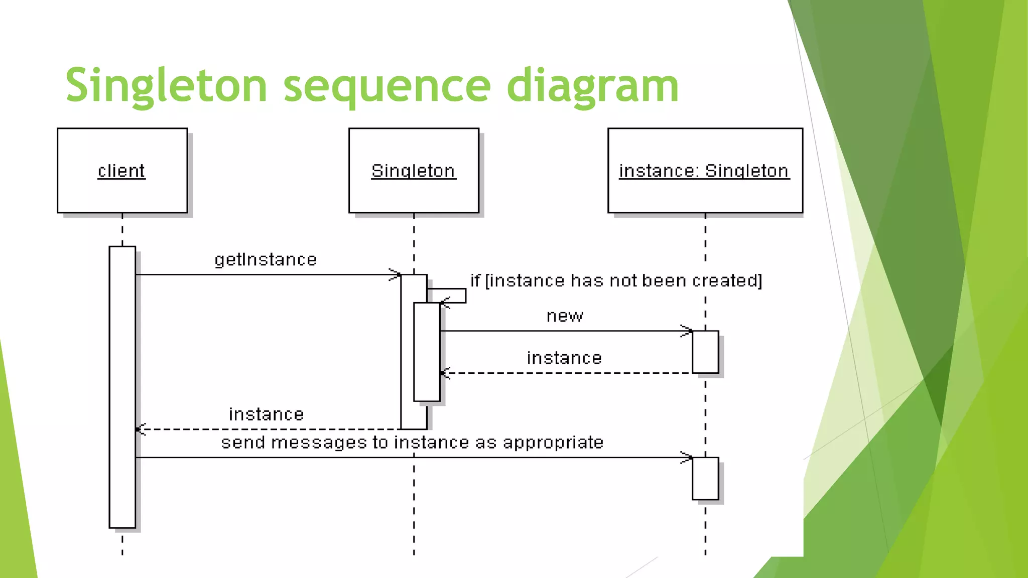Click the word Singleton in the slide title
pyautogui.click(x=166, y=85)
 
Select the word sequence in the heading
pyautogui.click(x=387, y=85)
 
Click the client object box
pyautogui.click(x=122, y=171)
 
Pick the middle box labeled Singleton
pyautogui.click(x=414, y=171)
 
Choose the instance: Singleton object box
pyautogui.click(x=705, y=171)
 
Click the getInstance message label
pyautogui.click(x=266, y=259)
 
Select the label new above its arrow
pyautogui.click(x=565, y=316)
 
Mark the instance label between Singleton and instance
pyautogui.click(x=564, y=358)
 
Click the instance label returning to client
pyautogui.click(x=266, y=414)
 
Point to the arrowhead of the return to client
pyautogui.click(x=141, y=429)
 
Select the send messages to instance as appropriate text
pyautogui.click(x=412, y=442)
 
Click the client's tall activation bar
pyautogui.click(x=122, y=386)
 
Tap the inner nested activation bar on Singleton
pyautogui.click(x=427, y=351)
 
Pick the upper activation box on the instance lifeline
pyautogui.click(x=705, y=352)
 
